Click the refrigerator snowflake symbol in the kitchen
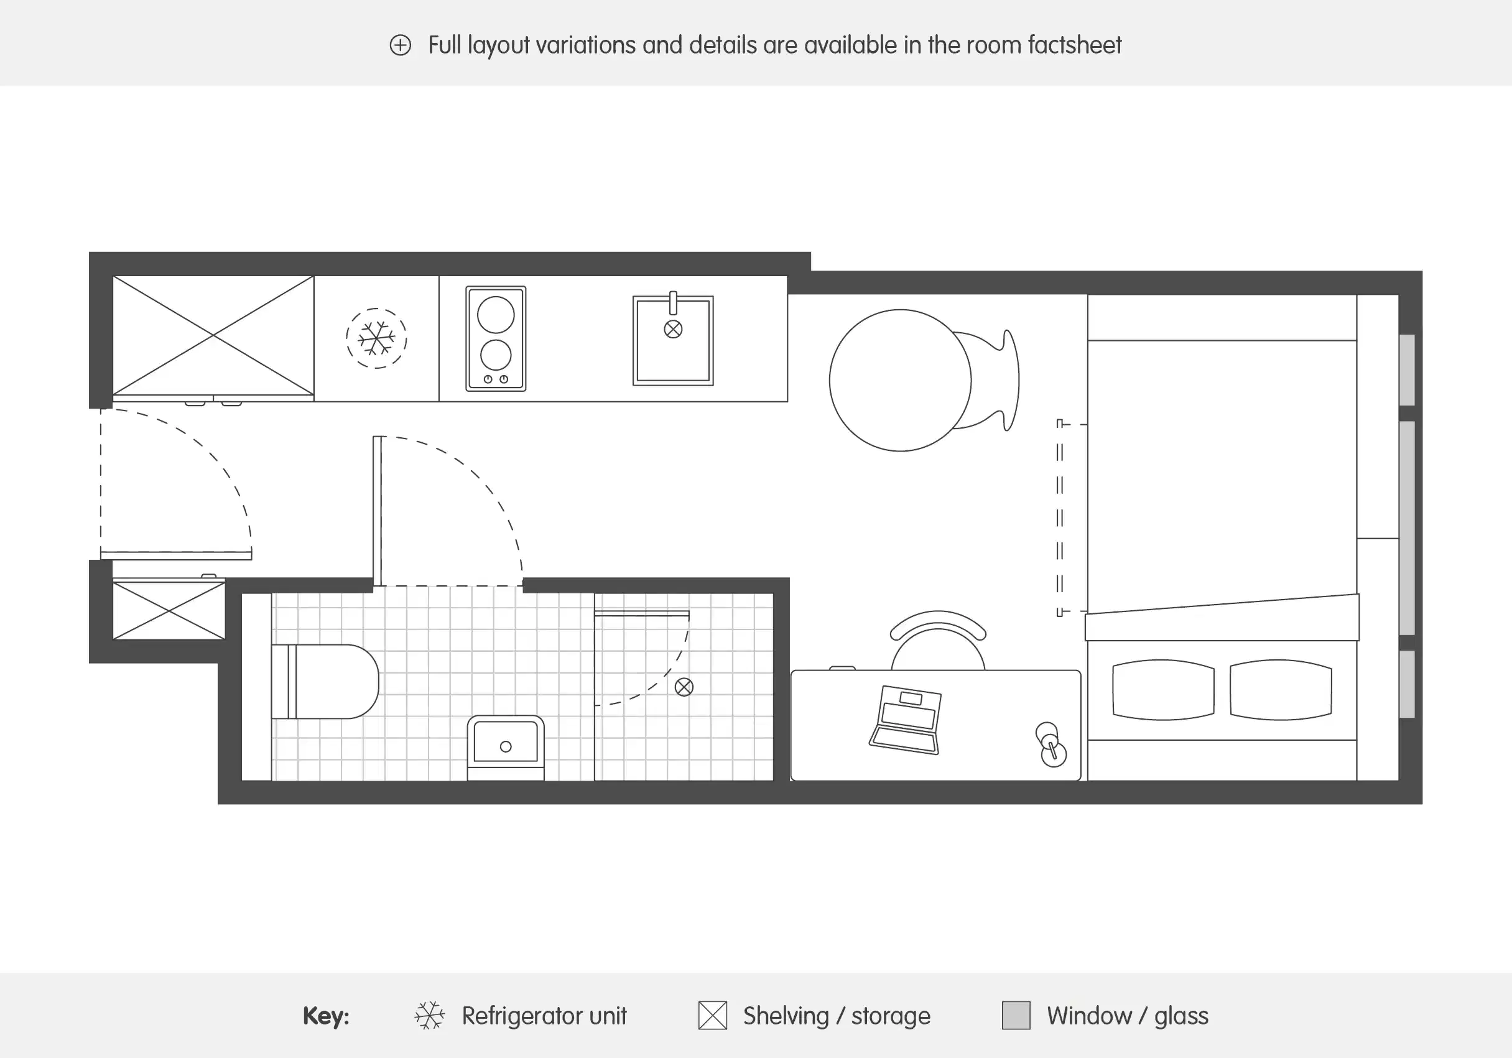[x=376, y=338]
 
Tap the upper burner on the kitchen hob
[x=495, y=315]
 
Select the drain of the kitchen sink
[x=673, y=329]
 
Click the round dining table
[x=899, y=381]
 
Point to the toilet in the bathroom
[x=325, y=682]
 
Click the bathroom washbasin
[x=506, y=743]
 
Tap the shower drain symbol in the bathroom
[x=684, y=687]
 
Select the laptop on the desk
[x=906, y=720]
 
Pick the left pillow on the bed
[x=1163, y=689]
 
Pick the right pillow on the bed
[x=1280, y=689]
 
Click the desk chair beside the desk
[x=938, y=642]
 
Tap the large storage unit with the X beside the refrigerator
[x=213, y=336]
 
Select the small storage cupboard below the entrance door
[x=169, y=610]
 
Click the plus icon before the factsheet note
[x=401, y=45]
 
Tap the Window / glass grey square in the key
[x=1016, y=1015]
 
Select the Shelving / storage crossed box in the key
[x=713, y=1015]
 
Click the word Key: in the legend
[x=326, y=1016]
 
